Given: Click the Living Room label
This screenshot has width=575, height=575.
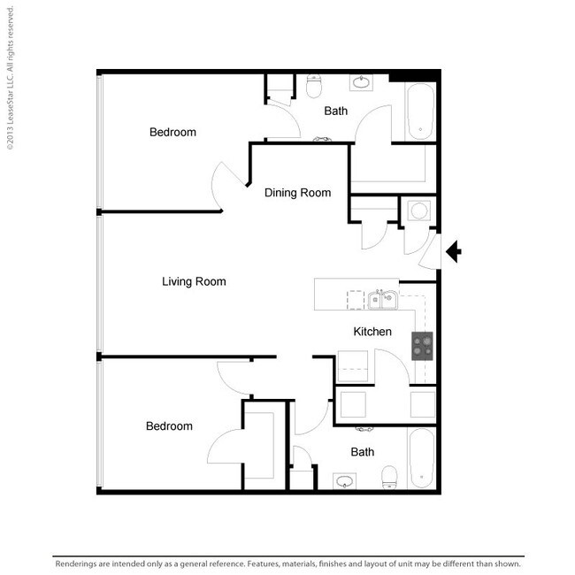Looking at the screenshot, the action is (194, 281).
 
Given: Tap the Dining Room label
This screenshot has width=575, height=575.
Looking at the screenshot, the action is (297, 193).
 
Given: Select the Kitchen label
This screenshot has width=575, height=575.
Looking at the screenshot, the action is (372, 332).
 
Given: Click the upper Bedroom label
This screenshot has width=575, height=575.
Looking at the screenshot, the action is (172, 132).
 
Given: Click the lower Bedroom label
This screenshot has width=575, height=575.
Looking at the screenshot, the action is (169, 425).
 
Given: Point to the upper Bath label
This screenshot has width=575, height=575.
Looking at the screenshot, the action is (335, 111).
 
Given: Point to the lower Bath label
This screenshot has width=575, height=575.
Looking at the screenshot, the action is (363, 452).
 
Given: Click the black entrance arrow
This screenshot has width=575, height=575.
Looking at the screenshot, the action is (454, 251).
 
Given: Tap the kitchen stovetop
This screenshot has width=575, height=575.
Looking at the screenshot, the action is (422, 346).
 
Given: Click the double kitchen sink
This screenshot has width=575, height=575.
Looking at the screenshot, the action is (382, 300).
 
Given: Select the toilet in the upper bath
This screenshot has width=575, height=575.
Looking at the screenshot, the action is (313, 86).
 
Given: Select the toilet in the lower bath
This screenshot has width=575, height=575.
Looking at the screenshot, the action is (389, 477).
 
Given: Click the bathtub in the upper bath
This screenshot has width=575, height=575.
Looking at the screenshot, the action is (420, 111).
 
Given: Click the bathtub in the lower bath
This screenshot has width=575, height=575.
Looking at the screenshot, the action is (421, 458).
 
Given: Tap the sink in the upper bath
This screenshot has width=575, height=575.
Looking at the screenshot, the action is (361, 82).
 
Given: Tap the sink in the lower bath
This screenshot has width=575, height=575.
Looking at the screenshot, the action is (344, 481).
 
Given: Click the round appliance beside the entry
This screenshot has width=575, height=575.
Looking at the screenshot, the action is (418, 211).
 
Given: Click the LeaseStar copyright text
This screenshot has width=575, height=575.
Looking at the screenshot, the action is (11, 78).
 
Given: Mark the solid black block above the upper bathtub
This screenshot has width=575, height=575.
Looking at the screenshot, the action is (413, 76).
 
